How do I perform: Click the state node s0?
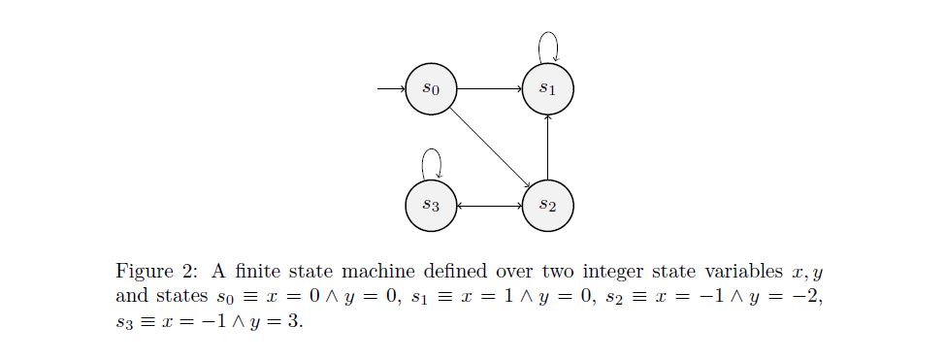(x=431, y=89)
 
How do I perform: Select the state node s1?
(x=548, y=89)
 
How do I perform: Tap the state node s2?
(x=548, y=206)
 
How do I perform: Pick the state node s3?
(x=431, y=206)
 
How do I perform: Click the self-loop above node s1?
(x=548, y=44)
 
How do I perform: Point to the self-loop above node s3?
(x=431, y=160)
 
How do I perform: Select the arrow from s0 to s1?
(x=489, y=89)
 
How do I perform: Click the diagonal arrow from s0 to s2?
(x=490, y=147)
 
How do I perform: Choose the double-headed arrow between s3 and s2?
(x=489, y=206)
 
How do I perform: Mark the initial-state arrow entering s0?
(x=391, y=89)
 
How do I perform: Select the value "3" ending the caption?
(x=292, y=321)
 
